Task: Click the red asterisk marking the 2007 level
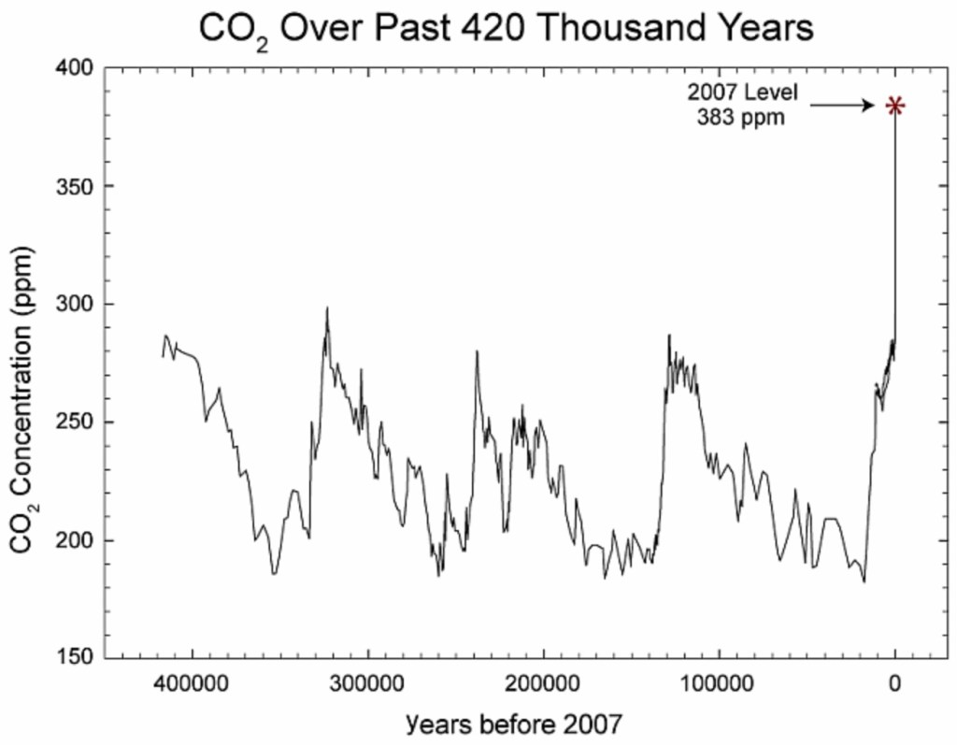coord(895,106)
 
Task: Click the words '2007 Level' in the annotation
coord(744,93)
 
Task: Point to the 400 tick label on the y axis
coord(74,68)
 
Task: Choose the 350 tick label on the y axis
coord(74,186)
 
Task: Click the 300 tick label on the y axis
coord(74,305)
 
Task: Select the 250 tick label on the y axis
coord(74,423)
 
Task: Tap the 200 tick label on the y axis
coord(74,540)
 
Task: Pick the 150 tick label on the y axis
coord(74,658)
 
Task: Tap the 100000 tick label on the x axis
coord(719,683)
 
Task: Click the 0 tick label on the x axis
coord(895,683)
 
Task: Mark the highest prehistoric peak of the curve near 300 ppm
coord(327,308)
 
